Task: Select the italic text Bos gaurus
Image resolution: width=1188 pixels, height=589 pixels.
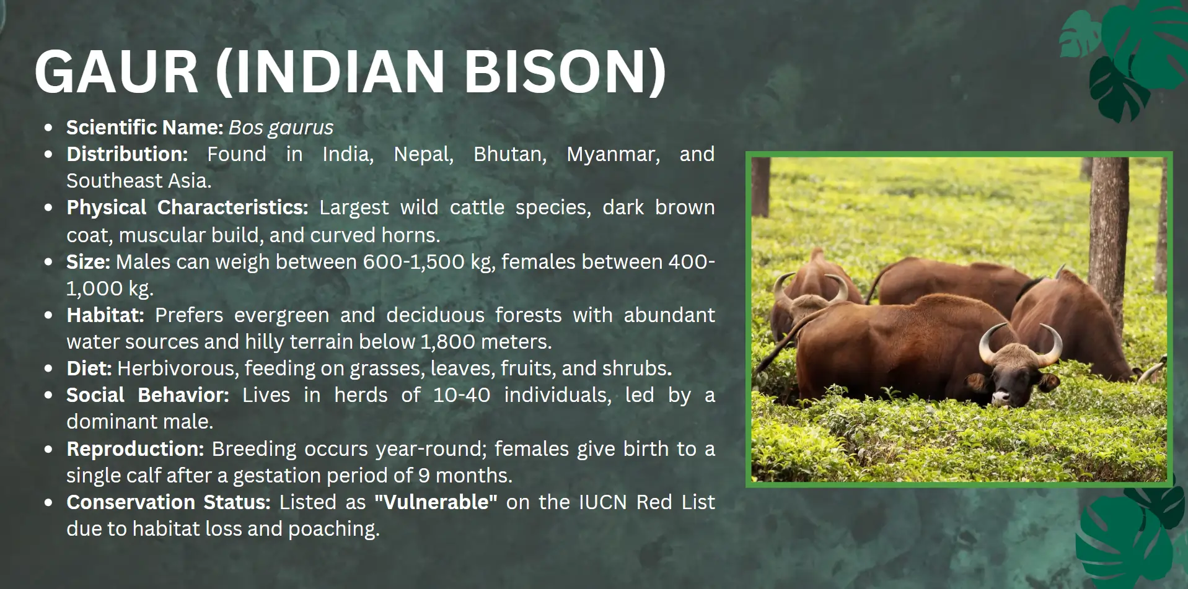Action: [281, 128]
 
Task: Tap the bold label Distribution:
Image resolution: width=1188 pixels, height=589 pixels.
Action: [127, 154]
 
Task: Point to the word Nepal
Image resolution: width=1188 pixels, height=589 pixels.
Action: [424, 154]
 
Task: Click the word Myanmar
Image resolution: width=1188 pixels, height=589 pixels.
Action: [613, 155]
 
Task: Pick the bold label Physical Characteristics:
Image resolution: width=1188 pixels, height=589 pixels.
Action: [187, 208]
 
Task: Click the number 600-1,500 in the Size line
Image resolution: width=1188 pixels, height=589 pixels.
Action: [413, 262]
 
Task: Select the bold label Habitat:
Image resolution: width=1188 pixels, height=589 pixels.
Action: [105, 315]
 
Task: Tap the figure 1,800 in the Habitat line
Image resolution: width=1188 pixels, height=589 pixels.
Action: [448, 342]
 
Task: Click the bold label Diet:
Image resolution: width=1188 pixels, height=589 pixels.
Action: [89, 369]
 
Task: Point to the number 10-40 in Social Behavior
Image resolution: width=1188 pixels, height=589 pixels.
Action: [461, 395]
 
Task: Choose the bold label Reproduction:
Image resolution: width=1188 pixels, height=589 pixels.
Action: [135, 449]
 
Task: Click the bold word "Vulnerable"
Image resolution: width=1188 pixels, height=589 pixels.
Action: [436, 502]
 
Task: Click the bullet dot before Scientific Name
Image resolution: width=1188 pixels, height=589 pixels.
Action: [48, 128]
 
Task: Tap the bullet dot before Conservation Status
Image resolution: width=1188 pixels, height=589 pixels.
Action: [48, 503]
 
